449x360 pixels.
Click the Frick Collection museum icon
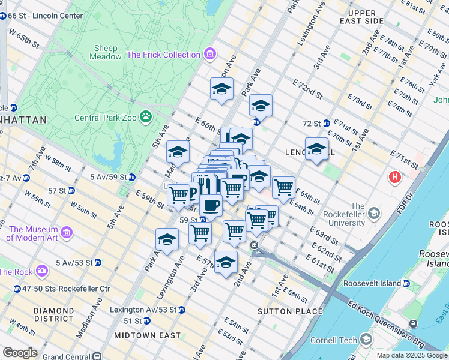click(209, 55)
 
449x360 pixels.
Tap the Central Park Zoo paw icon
click(145, 116)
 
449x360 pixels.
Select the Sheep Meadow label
click(105, 52)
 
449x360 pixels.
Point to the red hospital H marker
click(394, 177)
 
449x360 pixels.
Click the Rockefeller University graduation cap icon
click(374, 214)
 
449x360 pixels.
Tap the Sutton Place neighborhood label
click(290, 311)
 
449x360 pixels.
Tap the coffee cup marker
click(210, 205)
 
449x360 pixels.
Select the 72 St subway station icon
click(326, 123)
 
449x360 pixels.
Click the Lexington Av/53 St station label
click(143, 310)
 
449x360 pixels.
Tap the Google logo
click(20, 352)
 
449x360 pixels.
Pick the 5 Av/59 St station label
click(108, 177)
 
